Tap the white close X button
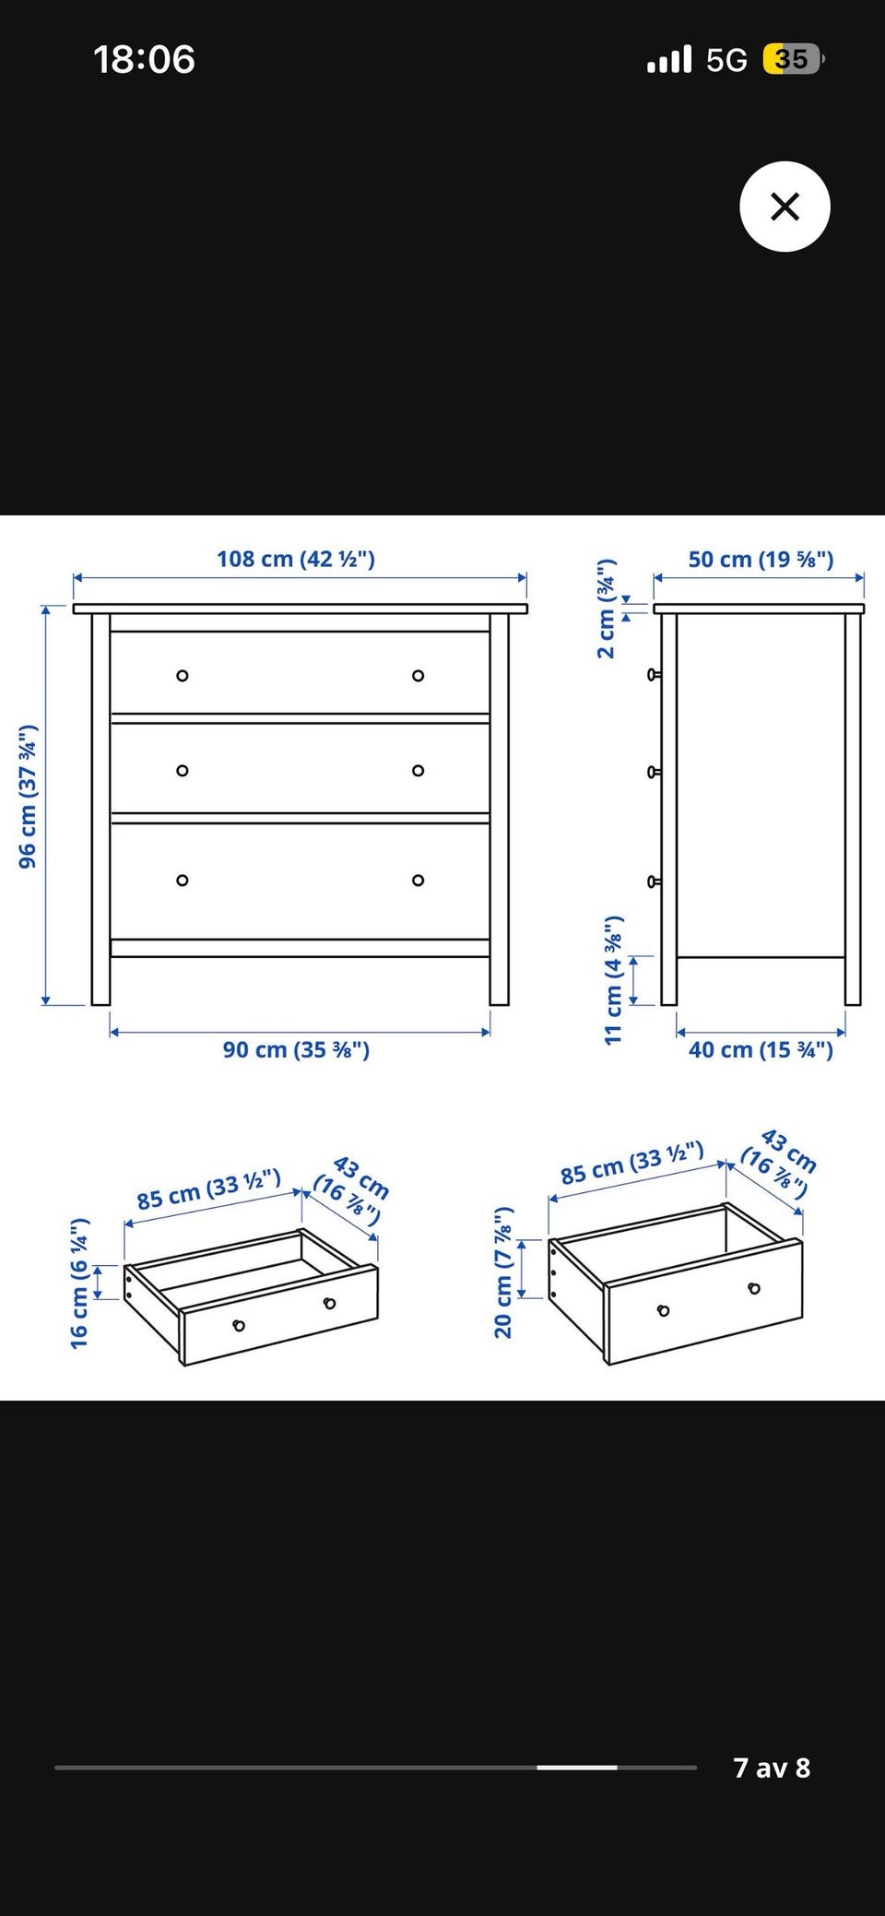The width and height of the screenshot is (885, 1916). pyautogui.click(x=785, y=207)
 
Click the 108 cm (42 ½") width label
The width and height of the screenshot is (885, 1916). pyautogui.click(x=296, y=559)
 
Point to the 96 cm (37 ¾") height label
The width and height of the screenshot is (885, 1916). pyautogui.click(x=28, y=796)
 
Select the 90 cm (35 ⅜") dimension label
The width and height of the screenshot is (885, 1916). pyautogui.click(x=296, y=1049)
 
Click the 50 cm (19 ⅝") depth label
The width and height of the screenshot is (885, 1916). pyautogui.click(x=761, y=559)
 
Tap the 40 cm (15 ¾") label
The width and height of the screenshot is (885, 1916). pyautogui.click(x=761, y=1049)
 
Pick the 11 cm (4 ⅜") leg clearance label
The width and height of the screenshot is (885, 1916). pyautogui.click(x=614, y=980)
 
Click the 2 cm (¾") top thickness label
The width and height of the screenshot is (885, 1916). pyautogui.click(x=607, y=609)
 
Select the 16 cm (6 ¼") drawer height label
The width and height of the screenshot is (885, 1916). pyautogui.click(x=80, y=1283)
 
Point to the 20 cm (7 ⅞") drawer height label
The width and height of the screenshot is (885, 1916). pyautogui.click(x=503, y=1271)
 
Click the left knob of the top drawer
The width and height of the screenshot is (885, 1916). pyautogui.click(x=183, y=676)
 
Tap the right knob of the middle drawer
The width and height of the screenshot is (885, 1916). pyautogui.click(x=419, y=771)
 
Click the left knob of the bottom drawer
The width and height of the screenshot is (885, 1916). pyautogui.click(x=183, y=881)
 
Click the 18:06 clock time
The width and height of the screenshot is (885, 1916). pyautogui.click(x=144, y=60)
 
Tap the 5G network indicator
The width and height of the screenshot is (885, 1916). pyautogui.click(x=726, y=61)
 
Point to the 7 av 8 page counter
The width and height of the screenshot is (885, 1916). pyautogui.click(x=772, y=1768)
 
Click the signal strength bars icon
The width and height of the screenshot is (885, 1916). pyautogui.click(x=669, y=60)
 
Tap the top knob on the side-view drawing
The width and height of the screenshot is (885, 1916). pyautogui.click(x=655, y=675)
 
